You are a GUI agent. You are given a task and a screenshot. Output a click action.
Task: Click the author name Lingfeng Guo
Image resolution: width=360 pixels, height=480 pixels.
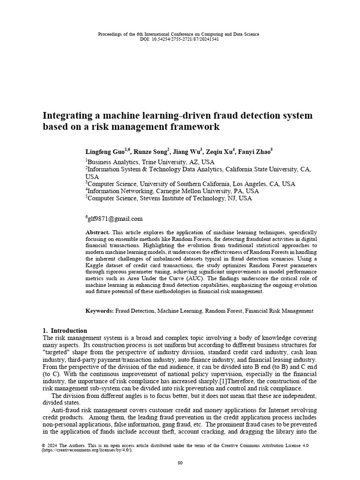pos(105,152)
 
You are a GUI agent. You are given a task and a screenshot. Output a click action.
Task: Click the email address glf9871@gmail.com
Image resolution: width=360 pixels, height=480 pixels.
pos(115,218)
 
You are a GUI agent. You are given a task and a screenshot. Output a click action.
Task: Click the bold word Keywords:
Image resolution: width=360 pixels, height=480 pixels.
pos(99,311)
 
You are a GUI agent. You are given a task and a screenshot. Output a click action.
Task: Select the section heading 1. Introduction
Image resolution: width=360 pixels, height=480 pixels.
pos(65,330)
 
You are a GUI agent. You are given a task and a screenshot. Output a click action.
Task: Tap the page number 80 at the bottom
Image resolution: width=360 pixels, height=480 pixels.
pos(180,463)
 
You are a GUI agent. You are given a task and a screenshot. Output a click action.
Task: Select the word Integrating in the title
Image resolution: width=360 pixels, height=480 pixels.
pos(66,115)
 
